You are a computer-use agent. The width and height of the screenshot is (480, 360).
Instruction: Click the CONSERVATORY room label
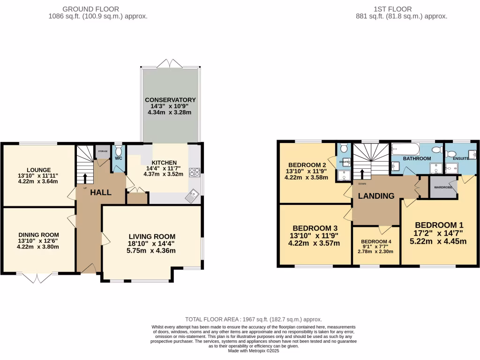point(170,100)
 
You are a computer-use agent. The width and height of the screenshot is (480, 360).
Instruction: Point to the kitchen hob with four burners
point(195,172)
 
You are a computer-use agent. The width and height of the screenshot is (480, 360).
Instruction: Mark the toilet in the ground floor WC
point(119,150)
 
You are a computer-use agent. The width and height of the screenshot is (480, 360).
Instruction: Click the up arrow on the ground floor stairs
point(85,178)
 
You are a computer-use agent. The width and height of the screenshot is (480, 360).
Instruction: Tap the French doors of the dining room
point(37,278)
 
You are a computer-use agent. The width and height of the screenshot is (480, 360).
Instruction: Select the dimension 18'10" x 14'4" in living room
point(152,244)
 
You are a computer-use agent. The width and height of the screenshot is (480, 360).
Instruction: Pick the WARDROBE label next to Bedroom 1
point(442,187)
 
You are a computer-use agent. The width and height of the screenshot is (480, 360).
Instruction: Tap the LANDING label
point(376,196)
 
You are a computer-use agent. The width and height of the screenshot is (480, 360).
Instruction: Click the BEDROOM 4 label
point(376,242)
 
